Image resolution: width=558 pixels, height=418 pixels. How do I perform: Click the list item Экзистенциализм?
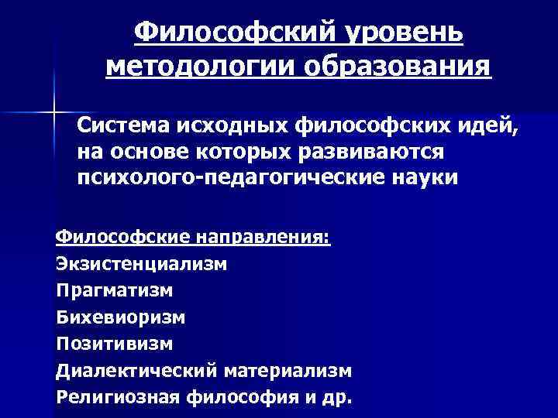tap(142, 263)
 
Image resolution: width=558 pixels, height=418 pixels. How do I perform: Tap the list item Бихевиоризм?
tap(120, 317)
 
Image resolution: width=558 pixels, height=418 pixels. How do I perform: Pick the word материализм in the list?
tap(288, 371)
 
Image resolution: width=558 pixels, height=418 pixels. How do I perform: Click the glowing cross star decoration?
tap(55, 113)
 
